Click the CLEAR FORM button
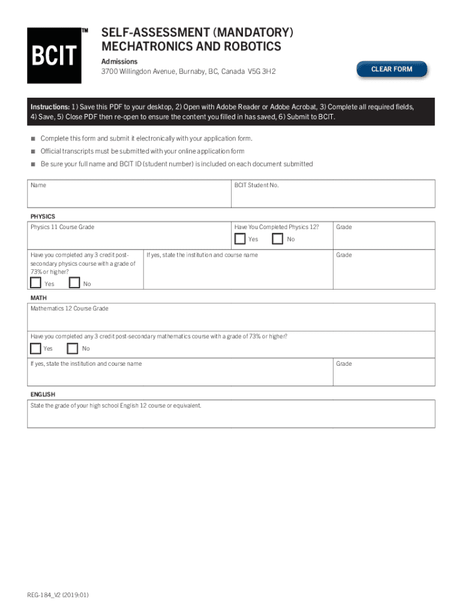point(392,70)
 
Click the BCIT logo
point(54,56)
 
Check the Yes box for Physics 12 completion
point(240,239)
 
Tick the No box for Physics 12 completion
point(278,239)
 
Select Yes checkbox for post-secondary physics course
point(36,283)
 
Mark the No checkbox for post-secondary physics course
point(74,283)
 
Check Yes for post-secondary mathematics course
point(36,348)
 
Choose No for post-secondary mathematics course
point(73,348)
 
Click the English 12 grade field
point(231,417)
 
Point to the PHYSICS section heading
point(43,216)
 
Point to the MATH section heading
point(38,298)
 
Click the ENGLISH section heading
point(43,395)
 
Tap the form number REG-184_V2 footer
point(58,595)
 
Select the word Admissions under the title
point(119,62)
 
